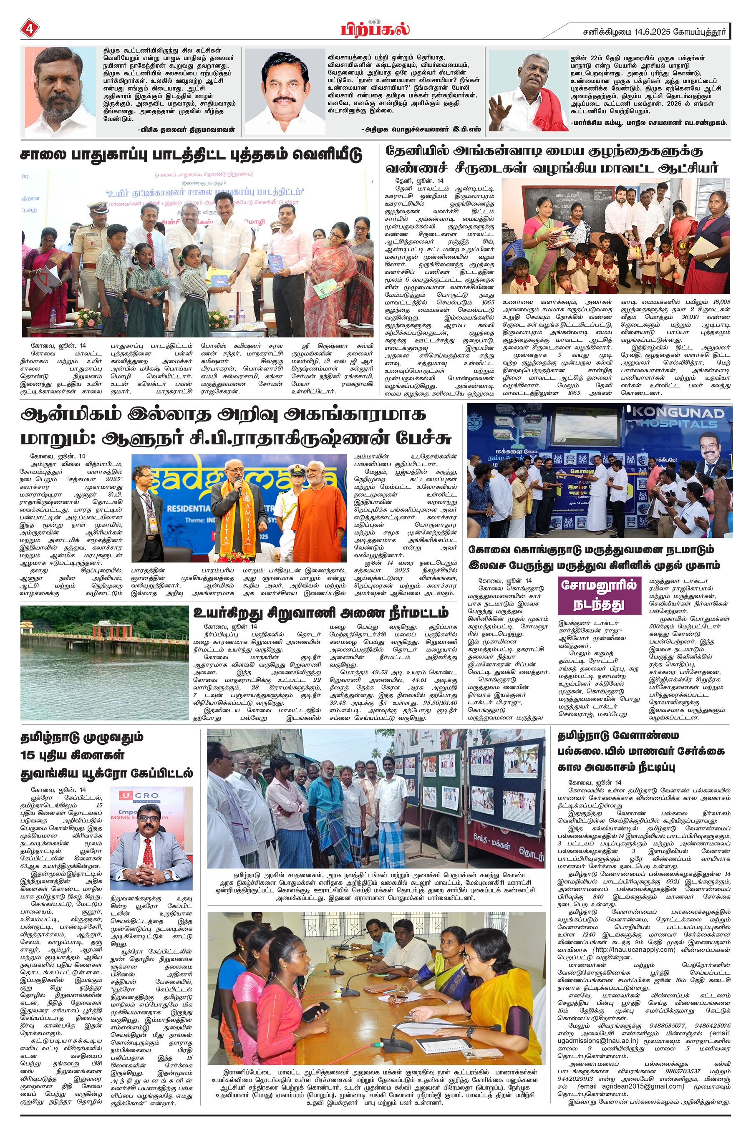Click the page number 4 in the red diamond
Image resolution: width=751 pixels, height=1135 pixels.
(29, 29)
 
